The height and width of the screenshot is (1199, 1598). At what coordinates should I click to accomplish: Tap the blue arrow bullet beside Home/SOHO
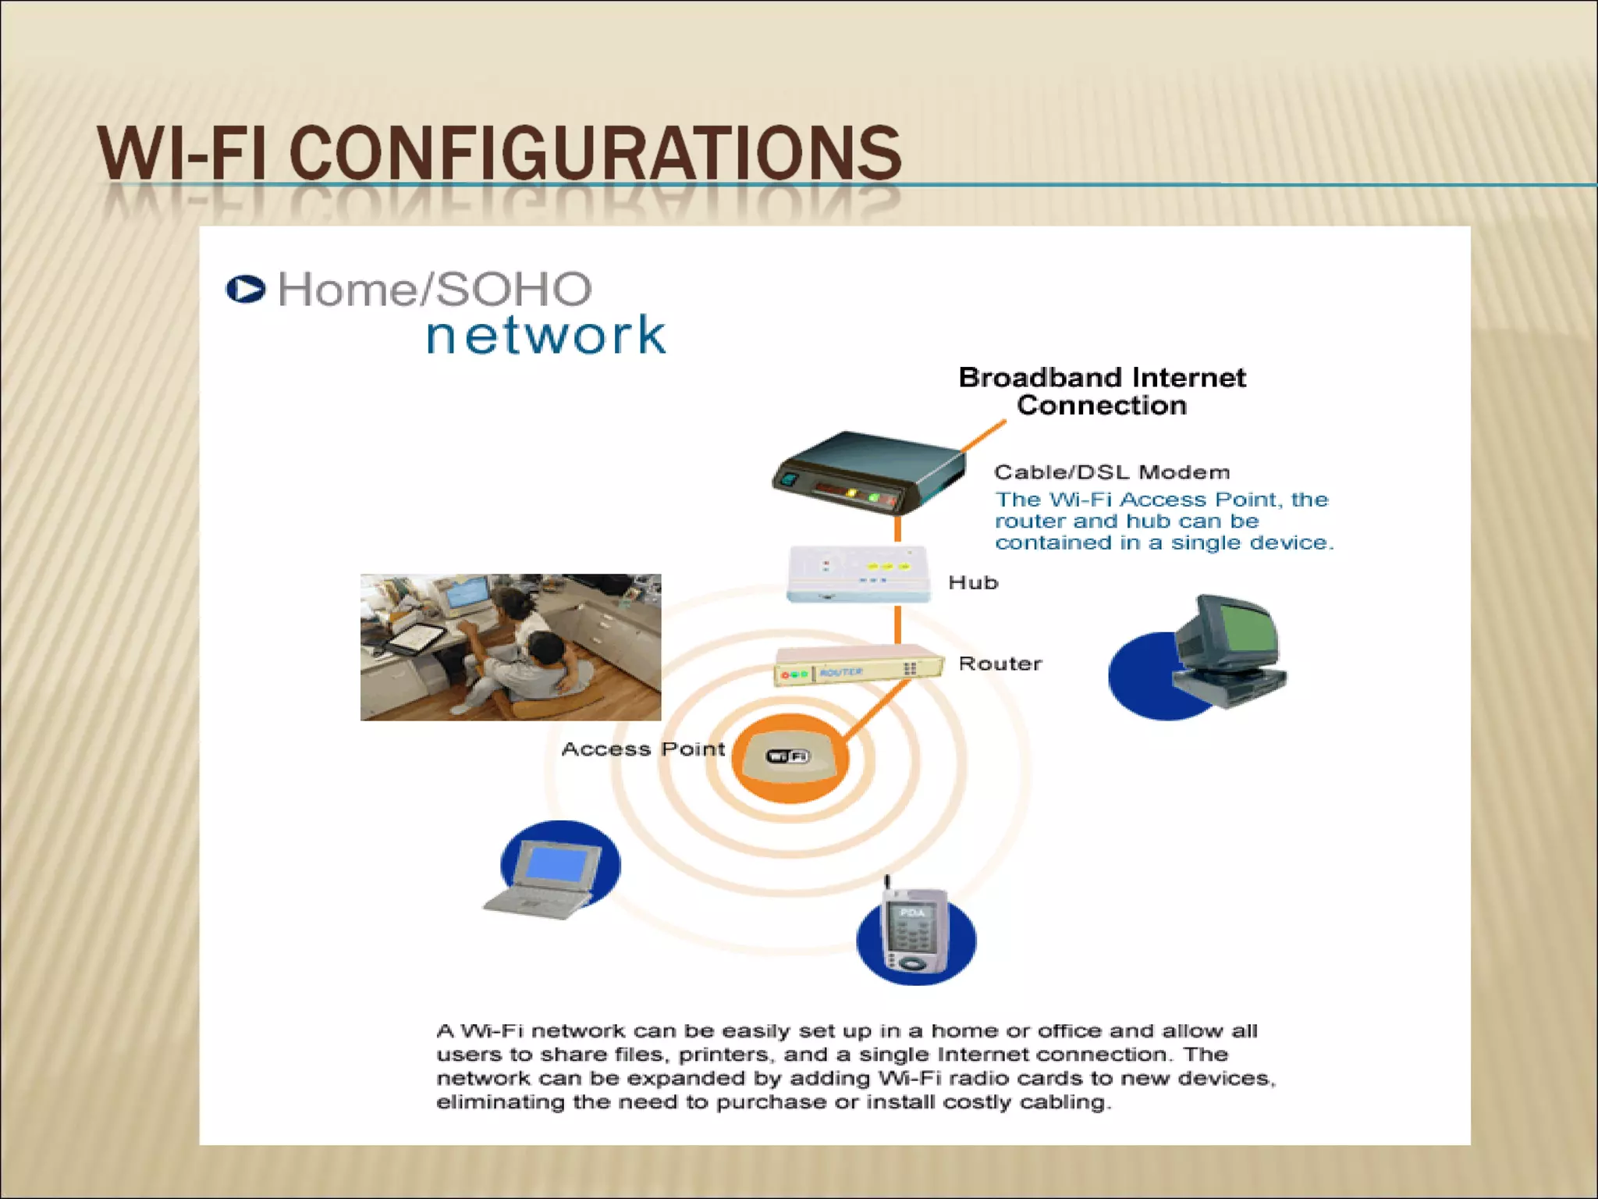245,289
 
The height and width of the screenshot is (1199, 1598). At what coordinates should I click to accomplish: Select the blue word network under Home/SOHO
545,335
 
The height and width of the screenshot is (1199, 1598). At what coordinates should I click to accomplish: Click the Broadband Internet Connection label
1102,391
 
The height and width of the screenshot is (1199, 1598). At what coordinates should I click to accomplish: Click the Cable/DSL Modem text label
1112,472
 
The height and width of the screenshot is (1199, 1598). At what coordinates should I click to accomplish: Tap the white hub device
858,574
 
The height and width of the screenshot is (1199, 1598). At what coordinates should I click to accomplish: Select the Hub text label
973,582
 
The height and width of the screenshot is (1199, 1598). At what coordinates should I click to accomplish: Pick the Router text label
1000,664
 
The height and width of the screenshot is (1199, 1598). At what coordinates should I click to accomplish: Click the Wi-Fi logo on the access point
788,756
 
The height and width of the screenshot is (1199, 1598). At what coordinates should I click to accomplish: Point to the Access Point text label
643,749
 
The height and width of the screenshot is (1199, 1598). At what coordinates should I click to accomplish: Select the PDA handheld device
914,934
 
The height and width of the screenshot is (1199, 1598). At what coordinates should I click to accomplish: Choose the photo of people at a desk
510,647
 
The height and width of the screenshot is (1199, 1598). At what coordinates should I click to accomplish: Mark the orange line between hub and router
897,624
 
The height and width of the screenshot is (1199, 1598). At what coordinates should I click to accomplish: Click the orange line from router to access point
878,710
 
